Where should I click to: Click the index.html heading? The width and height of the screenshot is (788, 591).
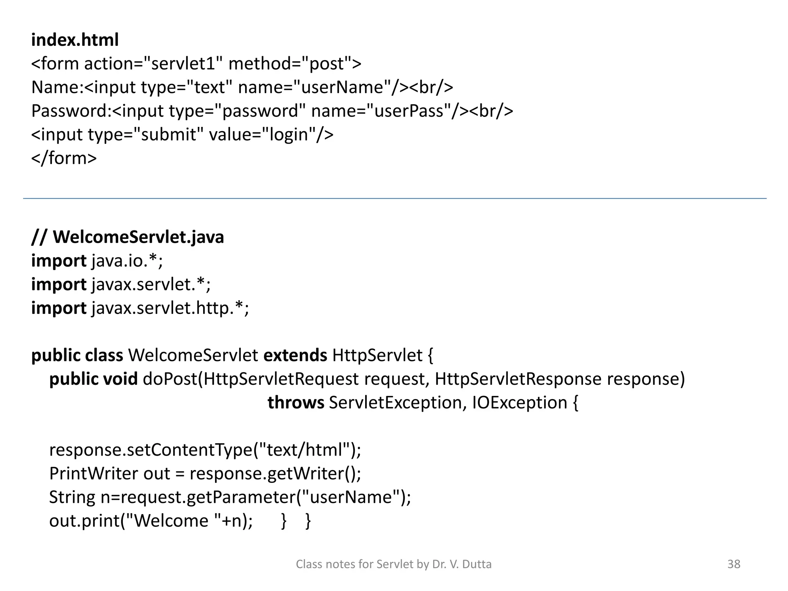pyautogui.click(x=75, y=40)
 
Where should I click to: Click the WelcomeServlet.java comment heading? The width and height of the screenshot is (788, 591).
pyautogui.click(x=127, y=237)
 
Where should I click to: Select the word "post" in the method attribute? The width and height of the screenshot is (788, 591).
pyautogui.click(x=326, y=64)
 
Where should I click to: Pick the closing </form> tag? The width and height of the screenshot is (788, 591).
pyautogui.click(x=64, y=159)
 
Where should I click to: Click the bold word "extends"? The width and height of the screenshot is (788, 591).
pyautogui.click(x=295, y=355)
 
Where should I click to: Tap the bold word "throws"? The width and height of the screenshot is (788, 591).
pyautogui.click(x=295, y=403)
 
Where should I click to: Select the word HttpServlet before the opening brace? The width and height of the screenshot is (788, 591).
pyautogui.click(x=377, y=355)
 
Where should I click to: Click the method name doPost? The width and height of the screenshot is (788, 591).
pyautogui.click(x=170, y=379)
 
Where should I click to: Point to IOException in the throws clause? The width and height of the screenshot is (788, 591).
pyautogui.click(x=519, y=403)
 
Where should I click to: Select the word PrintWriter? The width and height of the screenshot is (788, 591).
pyautogui.click(x=93, y=474)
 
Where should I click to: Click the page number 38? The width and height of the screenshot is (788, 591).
pyautogui.click(x=734, y=564)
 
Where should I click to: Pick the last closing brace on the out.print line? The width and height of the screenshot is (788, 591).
pyautogui.click(x=308, y=521)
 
